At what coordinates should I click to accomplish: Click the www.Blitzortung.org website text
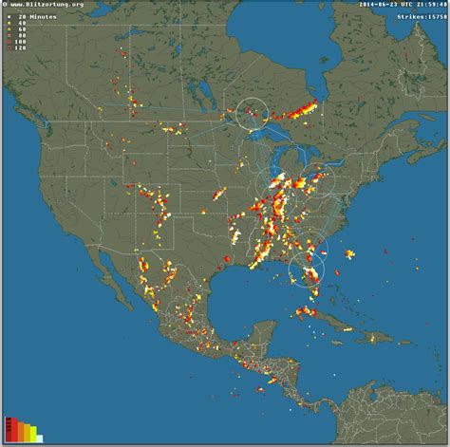46,6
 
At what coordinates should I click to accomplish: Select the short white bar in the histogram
39,438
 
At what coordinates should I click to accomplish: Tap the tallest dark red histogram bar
9,429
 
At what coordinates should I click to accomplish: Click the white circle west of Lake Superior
253,114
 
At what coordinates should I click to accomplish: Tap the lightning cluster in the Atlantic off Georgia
349,253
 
